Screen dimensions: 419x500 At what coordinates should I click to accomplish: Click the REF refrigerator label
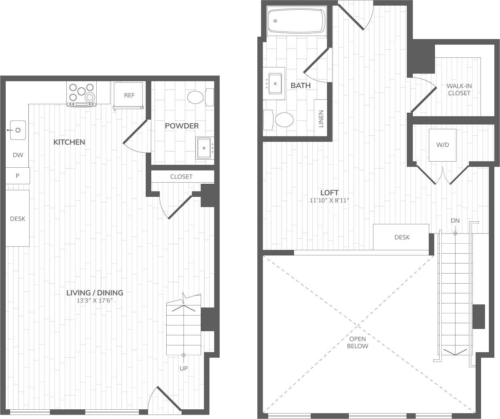[x=129, y=95]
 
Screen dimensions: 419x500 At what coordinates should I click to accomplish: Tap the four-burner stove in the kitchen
[x=82, y=94]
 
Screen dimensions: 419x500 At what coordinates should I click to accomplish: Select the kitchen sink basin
[x=18, y=130]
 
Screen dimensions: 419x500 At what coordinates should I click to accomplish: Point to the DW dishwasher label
[x=17, y=155]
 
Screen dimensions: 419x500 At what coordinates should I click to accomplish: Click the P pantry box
[x=17, y=176]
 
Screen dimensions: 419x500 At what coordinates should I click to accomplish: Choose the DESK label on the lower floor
[x=17, y=219]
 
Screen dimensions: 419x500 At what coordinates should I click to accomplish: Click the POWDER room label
[x=182, y=126]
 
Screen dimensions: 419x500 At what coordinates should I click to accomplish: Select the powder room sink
[x=204, y=148]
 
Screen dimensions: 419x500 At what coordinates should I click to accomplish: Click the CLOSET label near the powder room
[x=181, y=177]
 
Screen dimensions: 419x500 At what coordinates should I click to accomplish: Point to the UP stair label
[x=184, y=368]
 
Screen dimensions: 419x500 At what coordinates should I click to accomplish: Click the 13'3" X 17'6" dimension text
[x=95, y=301]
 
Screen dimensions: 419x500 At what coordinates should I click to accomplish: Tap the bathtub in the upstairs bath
[x=297, y=21]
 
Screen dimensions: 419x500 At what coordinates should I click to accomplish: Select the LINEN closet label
[x=321, y=119]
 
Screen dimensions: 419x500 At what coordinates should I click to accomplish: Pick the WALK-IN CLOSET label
[x=459, y=89]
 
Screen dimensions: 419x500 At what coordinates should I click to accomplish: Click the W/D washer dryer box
[x=443, y=145]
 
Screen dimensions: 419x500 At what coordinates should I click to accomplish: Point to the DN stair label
[x=455, y=221]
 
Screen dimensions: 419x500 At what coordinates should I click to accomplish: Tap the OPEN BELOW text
[x=358, y=343]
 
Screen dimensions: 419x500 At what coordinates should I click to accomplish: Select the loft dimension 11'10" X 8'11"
[x=329, y=200]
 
